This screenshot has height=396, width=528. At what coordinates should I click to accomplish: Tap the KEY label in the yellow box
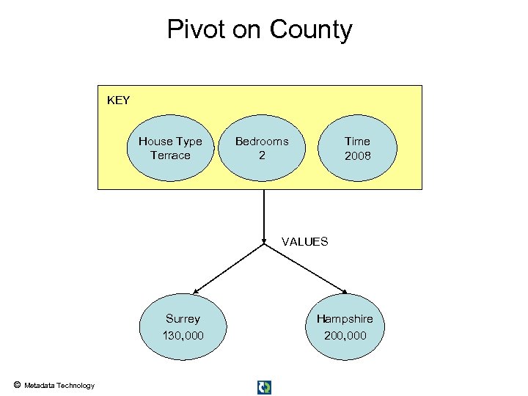pyautogui.click(x=118, y=100)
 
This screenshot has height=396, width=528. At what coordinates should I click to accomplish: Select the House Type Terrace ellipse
pyautogui.click(x=170, y=148)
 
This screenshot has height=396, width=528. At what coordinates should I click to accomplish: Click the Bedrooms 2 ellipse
pyautogui.click(x=262, y=148)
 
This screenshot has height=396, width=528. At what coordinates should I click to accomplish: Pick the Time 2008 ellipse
pyautogui.click(x=358, y=148)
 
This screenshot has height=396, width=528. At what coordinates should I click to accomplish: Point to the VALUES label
pyautogui.click(x=304, y=241)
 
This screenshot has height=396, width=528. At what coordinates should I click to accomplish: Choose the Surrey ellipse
pyautogui.click(x=183, y=327)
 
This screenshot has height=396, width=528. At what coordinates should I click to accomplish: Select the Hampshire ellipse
pyautogui.click(x=345, y=327)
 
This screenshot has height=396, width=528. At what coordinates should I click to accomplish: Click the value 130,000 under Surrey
pyautogui.click(x=183, y=336)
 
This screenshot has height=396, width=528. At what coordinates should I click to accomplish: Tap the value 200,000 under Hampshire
pyautogui.click(x=345, y=336)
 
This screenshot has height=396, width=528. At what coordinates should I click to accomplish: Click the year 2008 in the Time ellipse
pyautogui.click(x=358, y=155)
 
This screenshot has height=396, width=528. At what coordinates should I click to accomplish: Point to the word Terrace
pyautogui.click(x=170, y=155)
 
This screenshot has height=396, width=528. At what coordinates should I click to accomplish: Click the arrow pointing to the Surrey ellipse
pyautogui.click(x=227, y=268)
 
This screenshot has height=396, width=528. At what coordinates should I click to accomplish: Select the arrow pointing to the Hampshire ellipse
pyautogui.click(x=304, y=268)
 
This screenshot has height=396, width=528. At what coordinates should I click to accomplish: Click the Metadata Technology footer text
pyautogui.click(x=59, y=385)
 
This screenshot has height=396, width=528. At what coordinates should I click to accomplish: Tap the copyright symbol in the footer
pyautogui.click(x=16, y=384)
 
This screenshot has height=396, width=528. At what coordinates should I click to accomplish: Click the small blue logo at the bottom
pyautogui.click(x=264, y=387)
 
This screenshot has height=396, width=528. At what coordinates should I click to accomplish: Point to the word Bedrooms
pyautogui.click(x=262, y=141)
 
